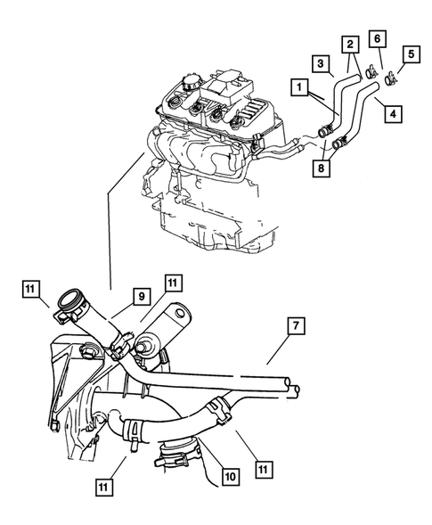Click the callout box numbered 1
click(x=298, y=88)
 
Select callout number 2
click(x=351, y=44)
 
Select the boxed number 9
click(x=141, y=295)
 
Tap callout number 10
click(x=230, y=478)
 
